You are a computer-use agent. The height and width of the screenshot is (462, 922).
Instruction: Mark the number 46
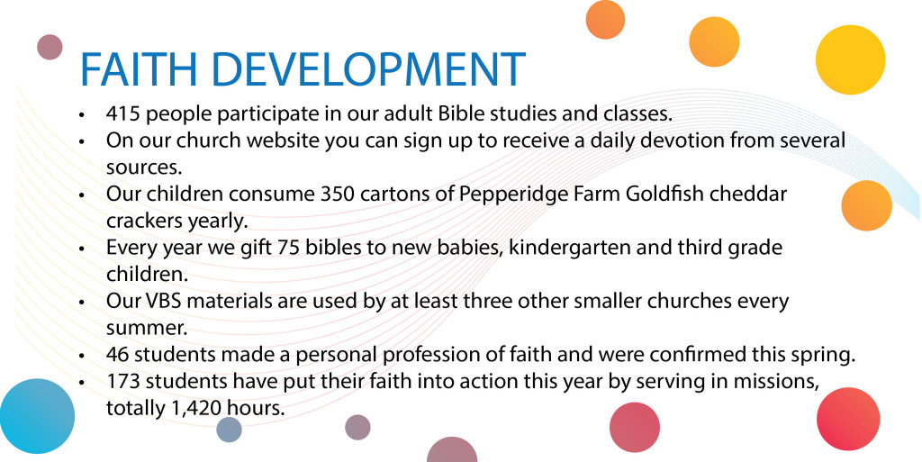point(118,354)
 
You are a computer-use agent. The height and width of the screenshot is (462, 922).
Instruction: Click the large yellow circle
point(849,59)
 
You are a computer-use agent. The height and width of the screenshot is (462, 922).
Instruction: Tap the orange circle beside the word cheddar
point(866,206)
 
